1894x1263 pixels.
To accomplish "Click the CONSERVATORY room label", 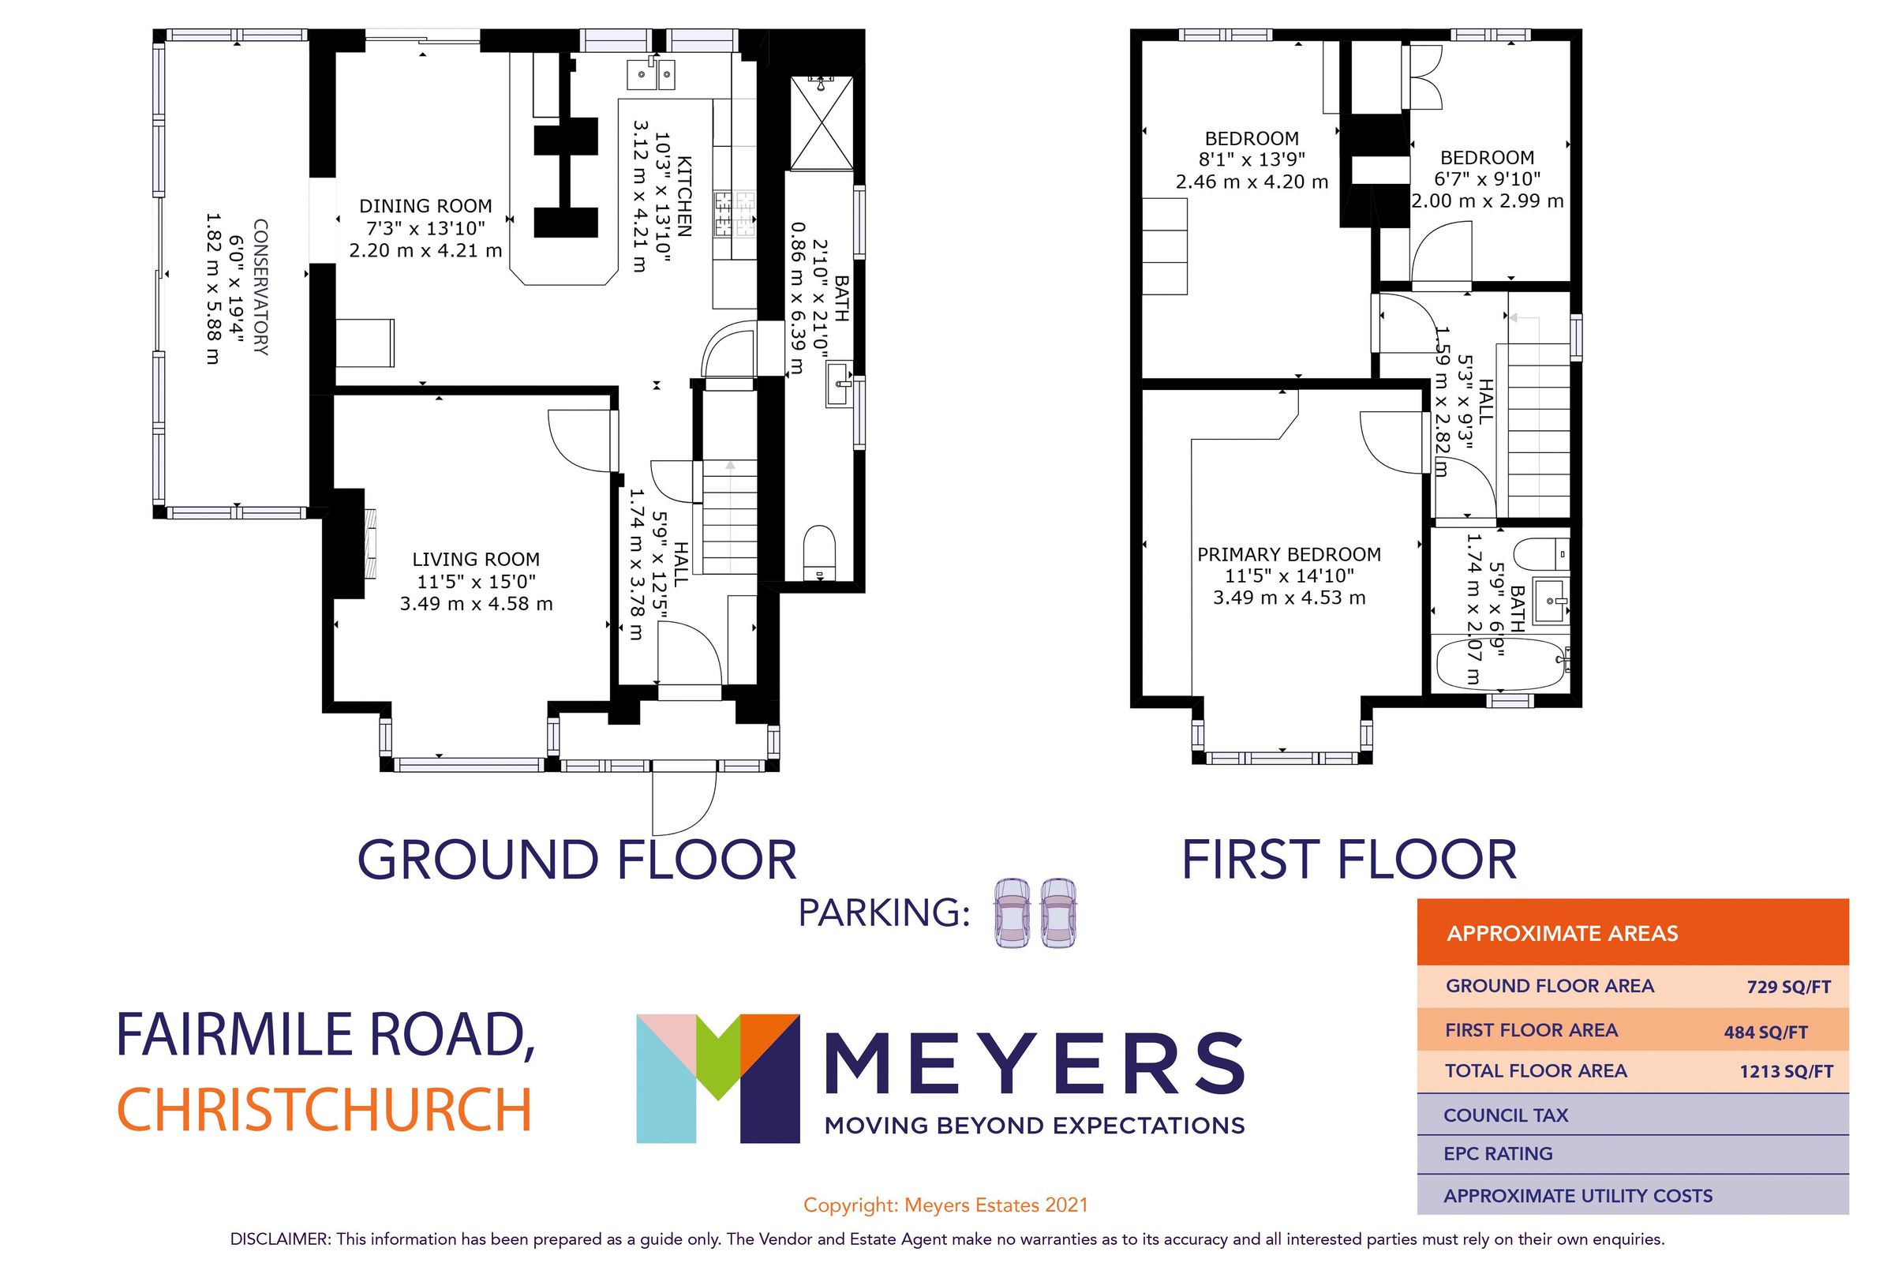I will click(261, 287).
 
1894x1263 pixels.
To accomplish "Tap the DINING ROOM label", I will click(425, 206).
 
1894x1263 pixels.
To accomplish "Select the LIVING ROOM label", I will click(476, 559).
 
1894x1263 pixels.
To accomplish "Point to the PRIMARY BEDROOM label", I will click(1289, 554).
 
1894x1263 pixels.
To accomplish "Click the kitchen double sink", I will click(650, 75).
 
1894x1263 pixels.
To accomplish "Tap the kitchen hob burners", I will click(735, 213).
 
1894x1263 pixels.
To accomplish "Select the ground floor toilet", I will click(821, 553).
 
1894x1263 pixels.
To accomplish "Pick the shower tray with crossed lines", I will click(821, 123).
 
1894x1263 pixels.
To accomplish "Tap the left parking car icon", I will click(1011, 913).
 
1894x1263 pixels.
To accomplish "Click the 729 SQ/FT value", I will click(1788, 987).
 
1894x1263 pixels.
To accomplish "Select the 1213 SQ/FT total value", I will click(1785, 1071).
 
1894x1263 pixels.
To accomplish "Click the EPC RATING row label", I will click(1497, 1153).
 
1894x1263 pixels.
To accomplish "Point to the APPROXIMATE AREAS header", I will click(1562, 934).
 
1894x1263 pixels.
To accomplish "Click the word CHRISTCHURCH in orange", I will click(324, 1110).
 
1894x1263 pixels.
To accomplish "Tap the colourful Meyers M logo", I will click(717, 1077).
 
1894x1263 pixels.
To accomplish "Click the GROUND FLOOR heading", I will click(577, 860).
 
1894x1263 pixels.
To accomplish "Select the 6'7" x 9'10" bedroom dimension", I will click(1487, 179).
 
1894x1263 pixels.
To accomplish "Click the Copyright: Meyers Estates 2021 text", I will click(945, 1205).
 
